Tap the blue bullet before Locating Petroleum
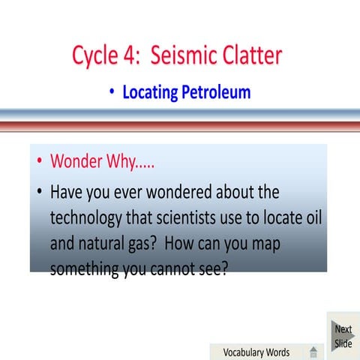[112, 93]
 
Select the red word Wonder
[78, 162]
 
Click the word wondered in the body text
[169, 192]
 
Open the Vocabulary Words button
[257, 352]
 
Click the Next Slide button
[343, 336]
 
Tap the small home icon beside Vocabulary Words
[313, 352]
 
